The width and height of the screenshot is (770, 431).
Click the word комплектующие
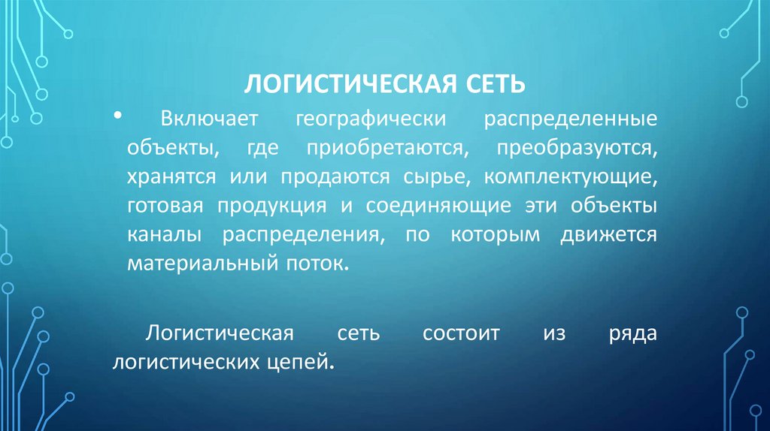pyautogui.click(x=571, y=177)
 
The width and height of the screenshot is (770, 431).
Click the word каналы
pyautogui.click(x=163, y=235)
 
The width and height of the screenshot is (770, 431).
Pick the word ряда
pyautogui.click(x=634, y=333)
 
